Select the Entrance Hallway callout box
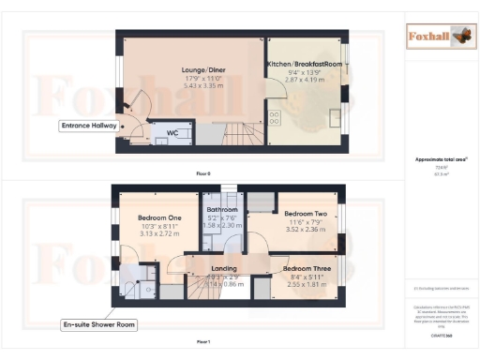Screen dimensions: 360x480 click(x=89, y=125)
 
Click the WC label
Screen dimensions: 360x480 click(x=172, y=133)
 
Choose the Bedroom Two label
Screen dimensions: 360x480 click(x=304, y=213)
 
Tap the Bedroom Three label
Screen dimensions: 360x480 click(x=305, y=268)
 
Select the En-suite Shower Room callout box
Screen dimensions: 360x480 click(x=100, y=324)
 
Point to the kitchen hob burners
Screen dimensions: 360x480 click(x=276, y=118)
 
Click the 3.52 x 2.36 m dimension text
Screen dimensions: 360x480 click(x=305, y=228)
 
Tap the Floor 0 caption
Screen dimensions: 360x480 click(x=202, y=174)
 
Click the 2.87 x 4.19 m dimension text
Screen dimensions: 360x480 click(x=306, y=82)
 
